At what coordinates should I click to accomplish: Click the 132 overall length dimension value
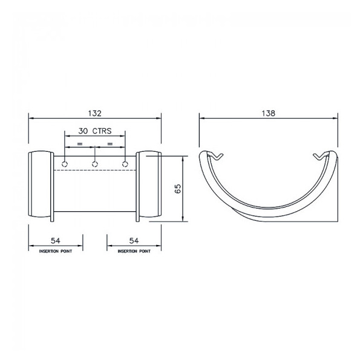tap(94, 113)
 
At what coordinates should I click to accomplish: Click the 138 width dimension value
tap(268, 113)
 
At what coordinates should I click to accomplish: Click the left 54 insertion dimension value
tap(56, 241)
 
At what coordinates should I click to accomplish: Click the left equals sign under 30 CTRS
tap(79, 145)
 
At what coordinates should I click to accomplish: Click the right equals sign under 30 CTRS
tap(110, 145)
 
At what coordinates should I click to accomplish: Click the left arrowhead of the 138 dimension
tap(203, 119)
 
